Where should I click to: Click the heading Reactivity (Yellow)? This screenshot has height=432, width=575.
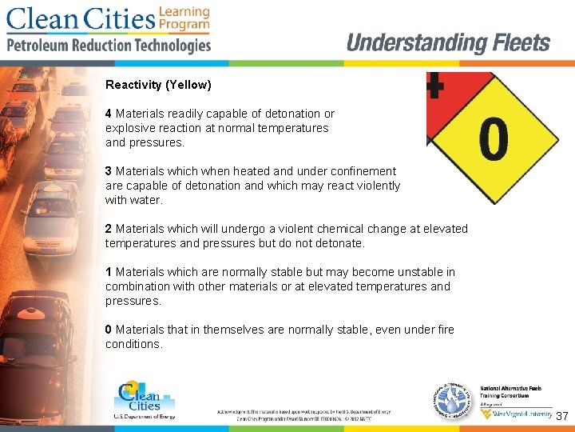[158, 85]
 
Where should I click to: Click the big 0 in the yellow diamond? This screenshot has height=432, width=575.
[494, 139]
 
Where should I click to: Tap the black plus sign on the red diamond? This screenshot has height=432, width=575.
[434, 85]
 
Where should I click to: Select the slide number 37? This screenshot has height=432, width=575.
[561, 417]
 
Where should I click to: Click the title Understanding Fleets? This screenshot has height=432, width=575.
[448, 43]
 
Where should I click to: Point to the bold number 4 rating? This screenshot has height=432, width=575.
[109, 114]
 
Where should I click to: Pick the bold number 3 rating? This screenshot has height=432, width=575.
[109, 171]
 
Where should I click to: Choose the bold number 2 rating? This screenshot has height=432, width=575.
[109, 229]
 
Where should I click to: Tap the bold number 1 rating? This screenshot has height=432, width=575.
[109, 272]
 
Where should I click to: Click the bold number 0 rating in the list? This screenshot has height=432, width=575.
[109, 330]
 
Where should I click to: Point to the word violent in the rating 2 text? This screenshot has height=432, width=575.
[309, 229]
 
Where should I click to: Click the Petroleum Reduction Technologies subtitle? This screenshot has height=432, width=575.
[109, 45]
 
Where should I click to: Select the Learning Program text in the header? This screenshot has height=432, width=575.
[184, 18]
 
